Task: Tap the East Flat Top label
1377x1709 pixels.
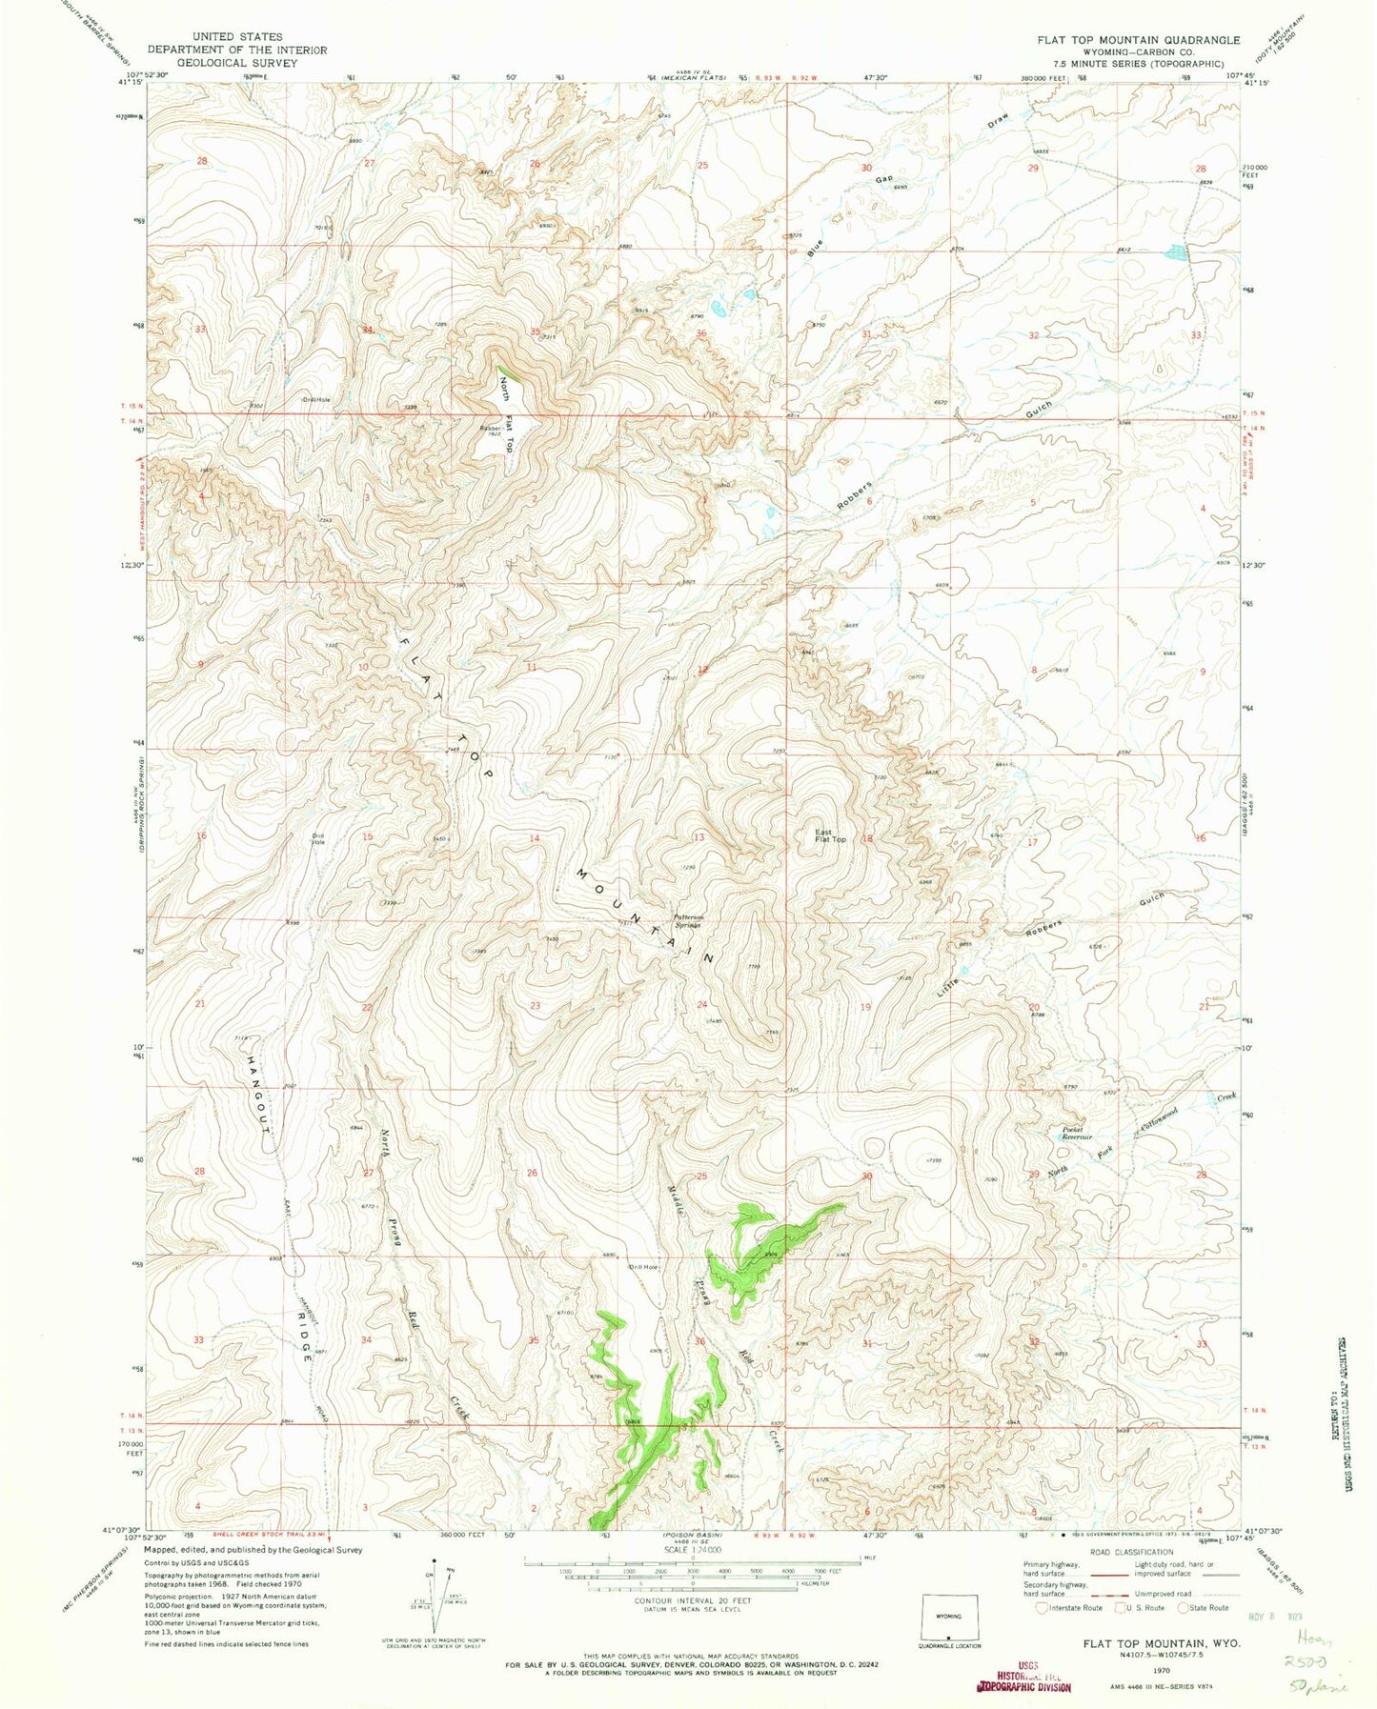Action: pos(829,836)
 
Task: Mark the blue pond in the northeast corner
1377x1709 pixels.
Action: pos(1174,253)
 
